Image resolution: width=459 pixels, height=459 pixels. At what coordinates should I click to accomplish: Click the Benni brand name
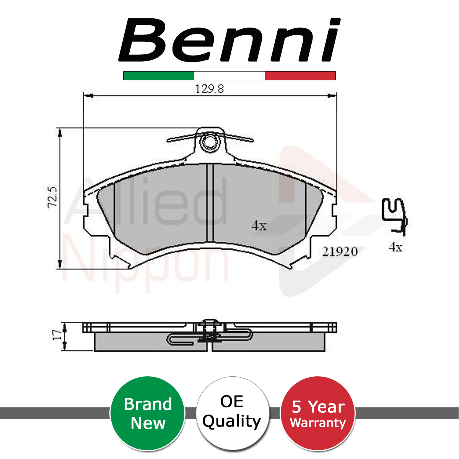(229, 40)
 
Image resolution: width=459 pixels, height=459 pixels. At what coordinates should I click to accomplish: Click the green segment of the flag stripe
(159, 75)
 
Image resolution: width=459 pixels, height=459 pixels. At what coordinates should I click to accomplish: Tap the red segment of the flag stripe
(300, 75)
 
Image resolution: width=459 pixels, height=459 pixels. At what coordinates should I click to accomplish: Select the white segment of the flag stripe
(229, 75)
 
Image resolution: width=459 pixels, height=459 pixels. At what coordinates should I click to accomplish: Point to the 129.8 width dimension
(210, 89)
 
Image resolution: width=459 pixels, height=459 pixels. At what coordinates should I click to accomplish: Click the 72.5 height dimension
(53, 197)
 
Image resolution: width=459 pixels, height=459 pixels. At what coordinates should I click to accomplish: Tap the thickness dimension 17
(57, 335)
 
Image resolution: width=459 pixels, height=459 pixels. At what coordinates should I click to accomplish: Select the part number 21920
(340, 252)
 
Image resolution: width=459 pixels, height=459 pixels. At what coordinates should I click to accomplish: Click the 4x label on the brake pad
(259, 226)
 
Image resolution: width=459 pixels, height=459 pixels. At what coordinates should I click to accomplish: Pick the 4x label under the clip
(396, 247)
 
